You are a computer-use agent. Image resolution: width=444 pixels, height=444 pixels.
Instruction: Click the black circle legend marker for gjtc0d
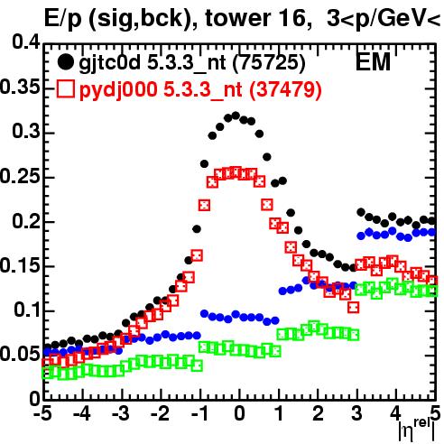tap(65, 62)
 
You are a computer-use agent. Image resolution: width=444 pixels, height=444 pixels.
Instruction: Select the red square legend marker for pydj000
tap(65, 89)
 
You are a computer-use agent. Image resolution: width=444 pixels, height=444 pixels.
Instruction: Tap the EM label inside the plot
tap(373, 61)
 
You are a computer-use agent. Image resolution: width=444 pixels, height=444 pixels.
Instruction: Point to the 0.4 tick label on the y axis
tap(26, 42)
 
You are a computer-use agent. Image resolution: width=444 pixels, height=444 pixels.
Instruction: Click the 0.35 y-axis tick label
tap(20, 87)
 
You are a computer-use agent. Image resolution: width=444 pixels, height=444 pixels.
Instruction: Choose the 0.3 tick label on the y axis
tap(26, 132)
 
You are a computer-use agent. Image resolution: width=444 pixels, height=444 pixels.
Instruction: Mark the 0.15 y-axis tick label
tap(20, 266)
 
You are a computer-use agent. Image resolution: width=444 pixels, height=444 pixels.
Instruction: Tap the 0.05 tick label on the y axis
tap(20, 354)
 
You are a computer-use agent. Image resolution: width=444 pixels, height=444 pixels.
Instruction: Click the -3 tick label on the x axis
tap(121, 413)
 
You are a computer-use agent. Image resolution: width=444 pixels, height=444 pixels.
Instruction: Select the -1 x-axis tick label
tap(199, 413)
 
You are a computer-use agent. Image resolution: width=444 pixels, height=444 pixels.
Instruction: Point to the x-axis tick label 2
tap(318, 413)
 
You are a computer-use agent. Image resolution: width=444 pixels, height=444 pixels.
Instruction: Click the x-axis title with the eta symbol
tap(417, 430)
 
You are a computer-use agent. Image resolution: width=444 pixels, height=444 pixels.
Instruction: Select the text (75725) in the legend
tap(269, 62)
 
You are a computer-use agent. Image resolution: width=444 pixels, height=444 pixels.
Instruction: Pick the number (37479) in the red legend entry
tap(285, 89)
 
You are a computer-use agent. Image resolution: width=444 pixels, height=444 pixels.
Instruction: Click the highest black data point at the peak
tap(236, 116)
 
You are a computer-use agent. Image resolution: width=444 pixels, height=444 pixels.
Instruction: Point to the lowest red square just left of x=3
tap(354, 308)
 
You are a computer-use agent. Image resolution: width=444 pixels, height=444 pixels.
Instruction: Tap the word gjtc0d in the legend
tap(109, 63)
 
